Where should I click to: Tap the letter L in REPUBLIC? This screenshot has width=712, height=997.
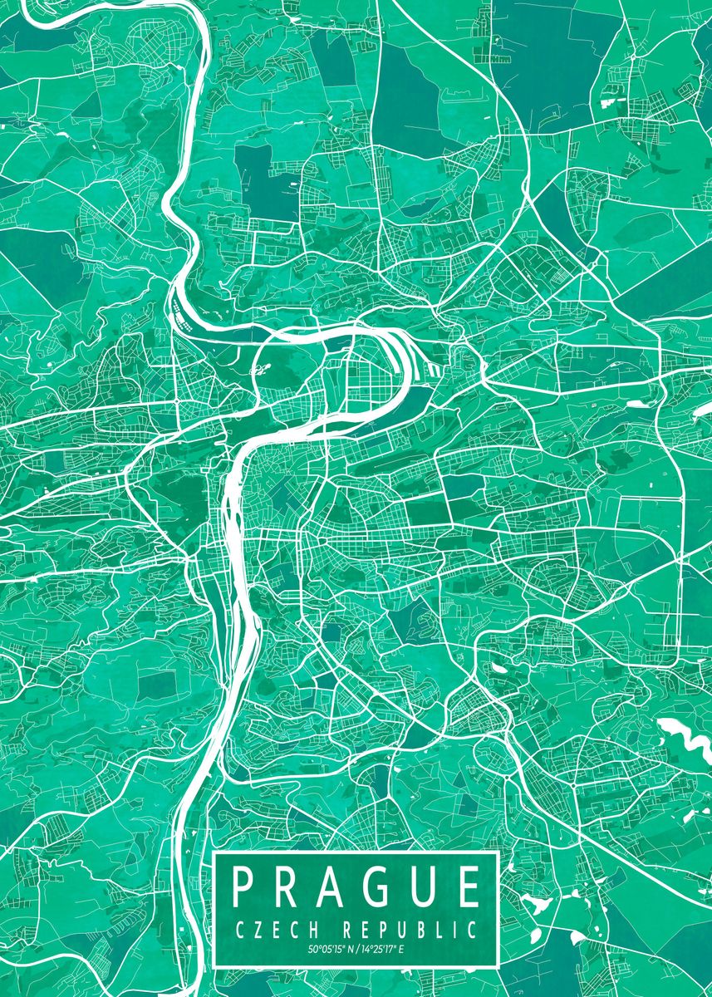pos(444,929)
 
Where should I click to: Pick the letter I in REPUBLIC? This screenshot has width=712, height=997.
pos(459,929)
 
